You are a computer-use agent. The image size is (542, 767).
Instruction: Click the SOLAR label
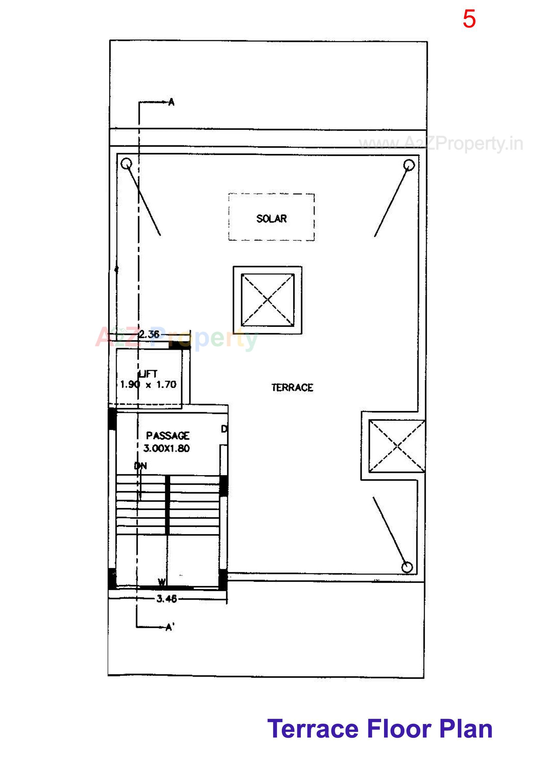(x=271, y=218)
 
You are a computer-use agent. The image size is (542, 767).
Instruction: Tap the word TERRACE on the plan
(x=292, y=387)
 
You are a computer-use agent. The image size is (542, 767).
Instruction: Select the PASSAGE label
(x=167, y=436)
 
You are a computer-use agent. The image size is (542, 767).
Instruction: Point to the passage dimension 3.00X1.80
(x=166, y=448)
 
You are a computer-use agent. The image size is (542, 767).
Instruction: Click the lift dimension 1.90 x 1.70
(x=148, y=384)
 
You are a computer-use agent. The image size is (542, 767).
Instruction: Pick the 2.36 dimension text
(x=149, y=334)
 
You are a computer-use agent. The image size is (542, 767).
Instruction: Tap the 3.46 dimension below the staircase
(x=166, y=599)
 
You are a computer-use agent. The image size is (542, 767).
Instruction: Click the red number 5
(x=469, y=19)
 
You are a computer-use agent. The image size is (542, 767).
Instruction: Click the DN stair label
(x=141, y=466)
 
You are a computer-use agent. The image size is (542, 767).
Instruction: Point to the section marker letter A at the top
(x=171, y=102)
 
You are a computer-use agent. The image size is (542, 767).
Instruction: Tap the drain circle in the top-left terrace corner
(x=126, y=164)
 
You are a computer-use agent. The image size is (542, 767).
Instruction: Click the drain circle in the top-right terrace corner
(x=409, y=165)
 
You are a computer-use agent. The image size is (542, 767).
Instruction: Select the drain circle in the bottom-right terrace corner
(x=407, y=567)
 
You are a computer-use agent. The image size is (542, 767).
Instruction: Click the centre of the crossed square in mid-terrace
(x=268, y=300)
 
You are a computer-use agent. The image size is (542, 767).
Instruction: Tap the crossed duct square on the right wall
(x=397, y=446)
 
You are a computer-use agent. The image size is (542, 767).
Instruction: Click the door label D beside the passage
(x=224, y=429)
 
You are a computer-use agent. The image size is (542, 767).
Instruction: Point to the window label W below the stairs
(x=162, y=583)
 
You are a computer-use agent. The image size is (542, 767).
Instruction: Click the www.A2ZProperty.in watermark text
(x=440, y=144)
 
